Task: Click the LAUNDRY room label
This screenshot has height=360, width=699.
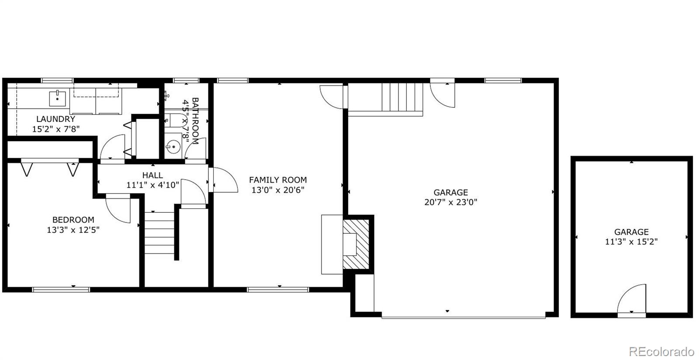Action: [x=55, y=119]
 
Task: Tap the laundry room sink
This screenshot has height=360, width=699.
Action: [x=57, y=98]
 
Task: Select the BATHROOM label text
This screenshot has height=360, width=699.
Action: [x=195, y=121]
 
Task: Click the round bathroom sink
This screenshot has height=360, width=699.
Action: [x=173, y=146]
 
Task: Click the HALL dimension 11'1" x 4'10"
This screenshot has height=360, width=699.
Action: [x=152, y=185]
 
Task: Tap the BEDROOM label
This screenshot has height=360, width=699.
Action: [x=73, y=220]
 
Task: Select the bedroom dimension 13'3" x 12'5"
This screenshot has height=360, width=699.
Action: [x=73, y=230]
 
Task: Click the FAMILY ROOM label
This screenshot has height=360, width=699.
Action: [x=278, y=180]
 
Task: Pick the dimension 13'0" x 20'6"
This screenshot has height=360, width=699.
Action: [x=278, y=190]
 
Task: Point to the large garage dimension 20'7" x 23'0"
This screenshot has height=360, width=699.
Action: [x=450, y=202]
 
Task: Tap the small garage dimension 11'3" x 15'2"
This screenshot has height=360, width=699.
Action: [x=631, y=242]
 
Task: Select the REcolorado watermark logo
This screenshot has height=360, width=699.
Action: [x=661, y=352]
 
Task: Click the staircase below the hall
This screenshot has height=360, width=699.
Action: [x=159, y=233]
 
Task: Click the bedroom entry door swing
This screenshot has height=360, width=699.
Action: [x=118, y=208]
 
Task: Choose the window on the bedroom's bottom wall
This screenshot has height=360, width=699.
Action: [x=61, y=290]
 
